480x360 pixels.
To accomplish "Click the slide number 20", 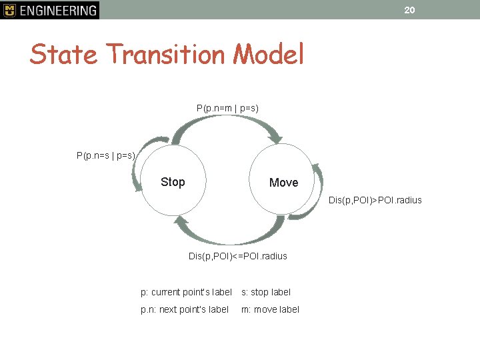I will coord(409,9).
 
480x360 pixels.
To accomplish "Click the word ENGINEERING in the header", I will coord(58,10).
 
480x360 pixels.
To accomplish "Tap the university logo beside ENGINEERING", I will coord(9,10).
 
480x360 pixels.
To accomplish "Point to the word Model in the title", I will coord(268,54).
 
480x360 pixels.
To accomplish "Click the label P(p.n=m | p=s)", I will coord(227,107).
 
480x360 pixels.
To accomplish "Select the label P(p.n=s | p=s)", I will coord(106,155).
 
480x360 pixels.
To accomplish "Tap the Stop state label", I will coord(173,182).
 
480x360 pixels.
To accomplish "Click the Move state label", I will coord(283,183).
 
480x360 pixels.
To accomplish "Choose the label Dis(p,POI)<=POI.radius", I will coord(237,256).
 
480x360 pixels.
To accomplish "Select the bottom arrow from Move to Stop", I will coord(227,235).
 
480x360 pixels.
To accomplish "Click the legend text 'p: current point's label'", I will coord(186,292).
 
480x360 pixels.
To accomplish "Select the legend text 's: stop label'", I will coord(265,292).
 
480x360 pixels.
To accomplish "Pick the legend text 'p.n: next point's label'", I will coord(184,309).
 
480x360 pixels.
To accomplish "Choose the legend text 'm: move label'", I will coord(270,309).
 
